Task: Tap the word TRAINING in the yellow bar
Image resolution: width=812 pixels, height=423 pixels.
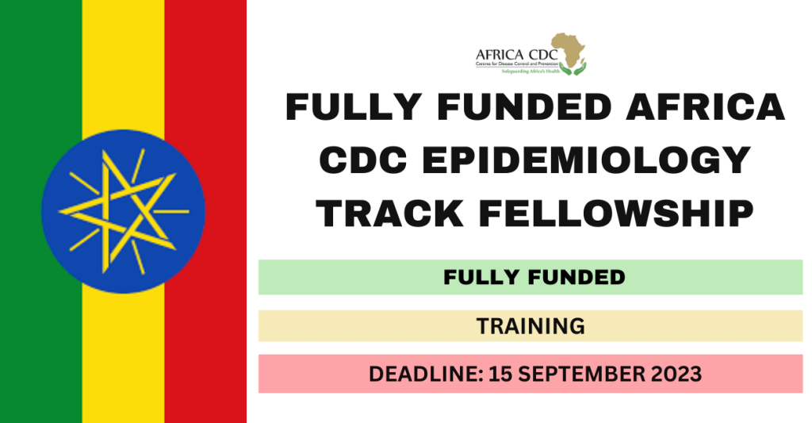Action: click(x=530, y=325)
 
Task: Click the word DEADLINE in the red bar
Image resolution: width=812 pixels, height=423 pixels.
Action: click(x=417, y=374)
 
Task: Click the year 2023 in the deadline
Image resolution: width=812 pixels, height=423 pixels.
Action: click(x=677, y=374)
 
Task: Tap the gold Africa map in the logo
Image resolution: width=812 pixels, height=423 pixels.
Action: click(x=568, y=49)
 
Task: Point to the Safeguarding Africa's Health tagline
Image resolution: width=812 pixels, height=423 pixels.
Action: click(x=534, y=71)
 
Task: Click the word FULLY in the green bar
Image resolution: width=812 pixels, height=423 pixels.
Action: click(x=476, y=277)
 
